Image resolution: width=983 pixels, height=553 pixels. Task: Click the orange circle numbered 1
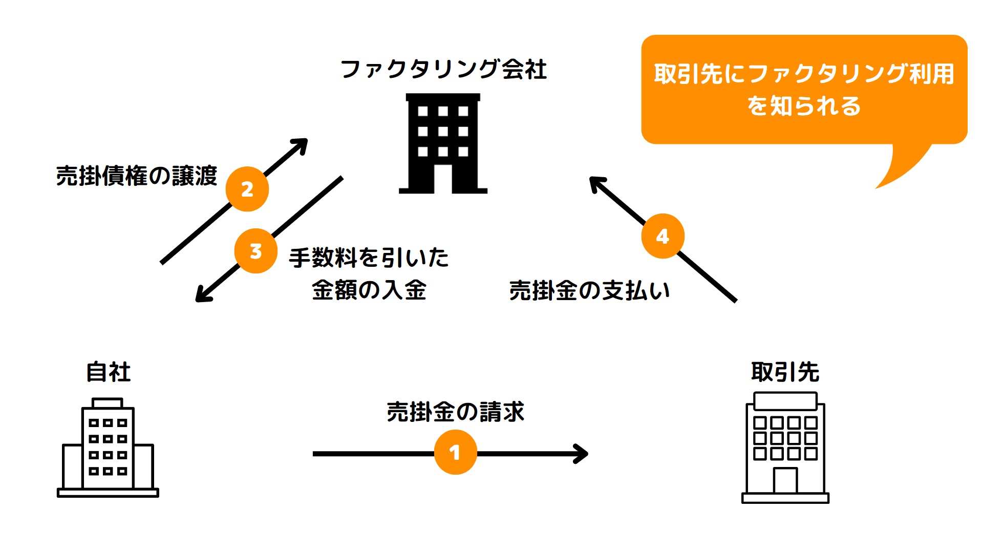pyautogui.click(x=455, y=453)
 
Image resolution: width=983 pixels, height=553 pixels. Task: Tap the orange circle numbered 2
pyautogui.click(x=247, y=189)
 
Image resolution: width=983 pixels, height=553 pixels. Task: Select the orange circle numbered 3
pyautogui.click(x=255, y=251)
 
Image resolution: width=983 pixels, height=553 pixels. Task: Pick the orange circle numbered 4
pyautogui.click(x=663, y=236)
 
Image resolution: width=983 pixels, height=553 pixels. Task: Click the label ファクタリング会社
pyautogui.click(x=443, y=69)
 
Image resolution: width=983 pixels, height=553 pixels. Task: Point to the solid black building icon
pyautogui.click(x=443, y=143)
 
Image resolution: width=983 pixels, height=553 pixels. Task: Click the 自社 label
pyautogui.click(x=108, y=372)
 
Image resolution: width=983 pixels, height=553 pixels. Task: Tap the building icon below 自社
pyautogui.click(x=108, y=448)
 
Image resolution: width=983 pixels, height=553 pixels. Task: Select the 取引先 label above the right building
pyautogui.click(x=785, y=372)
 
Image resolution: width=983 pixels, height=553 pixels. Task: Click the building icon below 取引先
pyautogui.click(x=785, y=448)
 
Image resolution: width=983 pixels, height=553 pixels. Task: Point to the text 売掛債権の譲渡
pyautogui.click(x=137, y=176)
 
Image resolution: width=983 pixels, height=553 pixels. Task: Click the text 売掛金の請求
pyautogui.click(x=455, y=412)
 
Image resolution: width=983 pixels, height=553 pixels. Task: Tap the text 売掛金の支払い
pyautogui.click(x=589, y=290)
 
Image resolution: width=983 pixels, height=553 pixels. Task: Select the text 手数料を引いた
pyautogui.click(x=369, y=257)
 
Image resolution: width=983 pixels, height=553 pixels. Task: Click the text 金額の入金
pyautogui.click(x=369, y=290)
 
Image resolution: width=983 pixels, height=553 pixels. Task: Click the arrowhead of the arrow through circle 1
pyautogui.click(x=583, y=454)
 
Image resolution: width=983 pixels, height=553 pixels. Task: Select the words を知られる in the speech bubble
pyautogui.click(x=804, y=106)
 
